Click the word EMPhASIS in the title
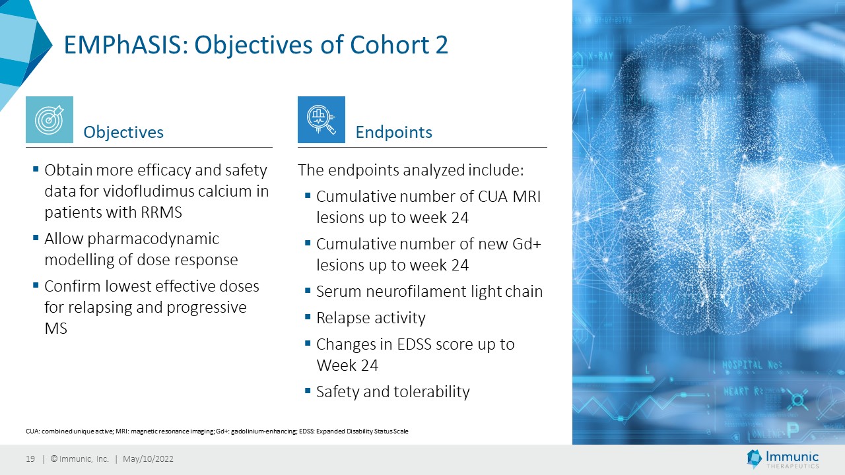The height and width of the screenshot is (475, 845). click(126, 44)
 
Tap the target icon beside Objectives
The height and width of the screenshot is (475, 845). click(50, 119)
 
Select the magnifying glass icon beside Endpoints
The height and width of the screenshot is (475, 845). click(321, 119)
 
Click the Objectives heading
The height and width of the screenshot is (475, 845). click(123, 132)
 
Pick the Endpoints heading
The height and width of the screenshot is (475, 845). click(394, 132)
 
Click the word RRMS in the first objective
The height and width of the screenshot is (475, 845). click(162, 212)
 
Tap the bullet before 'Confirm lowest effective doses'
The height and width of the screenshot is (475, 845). click(36, 285)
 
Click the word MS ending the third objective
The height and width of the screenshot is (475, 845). click(56, 329)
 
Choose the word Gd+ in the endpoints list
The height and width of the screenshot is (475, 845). click(527, 244)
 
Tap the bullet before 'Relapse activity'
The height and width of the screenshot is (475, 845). click(308, 317)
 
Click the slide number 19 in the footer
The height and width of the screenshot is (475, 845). click(30, 459)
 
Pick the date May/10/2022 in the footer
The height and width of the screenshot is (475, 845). click(149, 459)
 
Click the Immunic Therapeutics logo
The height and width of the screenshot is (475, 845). click(783, 459)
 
